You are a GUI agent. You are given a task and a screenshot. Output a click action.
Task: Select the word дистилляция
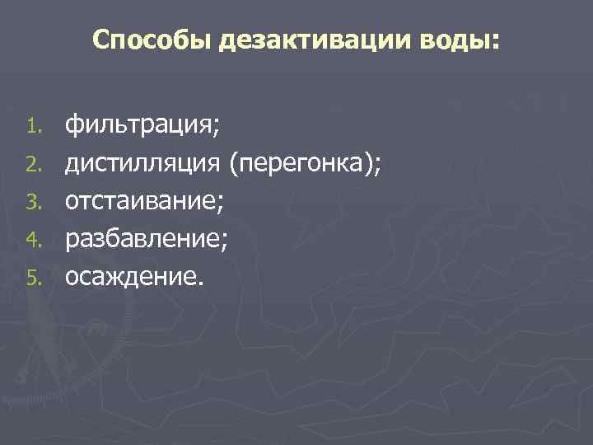click(x=143, y=163)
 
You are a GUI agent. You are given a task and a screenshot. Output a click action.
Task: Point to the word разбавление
click(x=143, y=238)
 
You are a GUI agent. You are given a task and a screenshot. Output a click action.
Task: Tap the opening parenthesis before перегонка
click(x=235, y=163)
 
